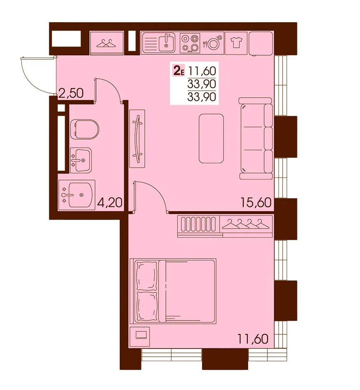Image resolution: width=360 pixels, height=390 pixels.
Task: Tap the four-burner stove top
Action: pos(190,43)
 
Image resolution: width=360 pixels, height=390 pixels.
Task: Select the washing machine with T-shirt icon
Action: pos(236,43)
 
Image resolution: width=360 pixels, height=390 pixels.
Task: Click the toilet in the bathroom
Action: pos(85,129)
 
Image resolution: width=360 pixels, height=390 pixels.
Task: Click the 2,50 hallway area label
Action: pos(71,93)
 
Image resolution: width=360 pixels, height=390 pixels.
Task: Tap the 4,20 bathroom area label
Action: pos(109,203)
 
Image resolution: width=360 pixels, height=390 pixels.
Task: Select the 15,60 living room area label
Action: pos(256,203)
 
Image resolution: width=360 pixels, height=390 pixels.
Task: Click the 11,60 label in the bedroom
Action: pos(253,339)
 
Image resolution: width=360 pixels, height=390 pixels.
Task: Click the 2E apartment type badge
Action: pos(179,70)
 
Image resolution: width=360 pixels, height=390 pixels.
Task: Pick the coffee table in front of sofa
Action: pos(211,138)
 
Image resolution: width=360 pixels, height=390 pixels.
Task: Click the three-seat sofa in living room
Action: pos(255,138)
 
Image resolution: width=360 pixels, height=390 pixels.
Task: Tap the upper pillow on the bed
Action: pos(147,276)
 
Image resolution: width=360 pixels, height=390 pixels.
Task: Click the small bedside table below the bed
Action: pos(139,336)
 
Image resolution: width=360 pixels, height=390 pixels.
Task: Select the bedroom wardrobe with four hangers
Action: pos(246,224)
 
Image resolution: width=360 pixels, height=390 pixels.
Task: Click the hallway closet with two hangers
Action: pos(107,43)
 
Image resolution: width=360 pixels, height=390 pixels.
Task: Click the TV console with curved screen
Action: pos(137,138)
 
